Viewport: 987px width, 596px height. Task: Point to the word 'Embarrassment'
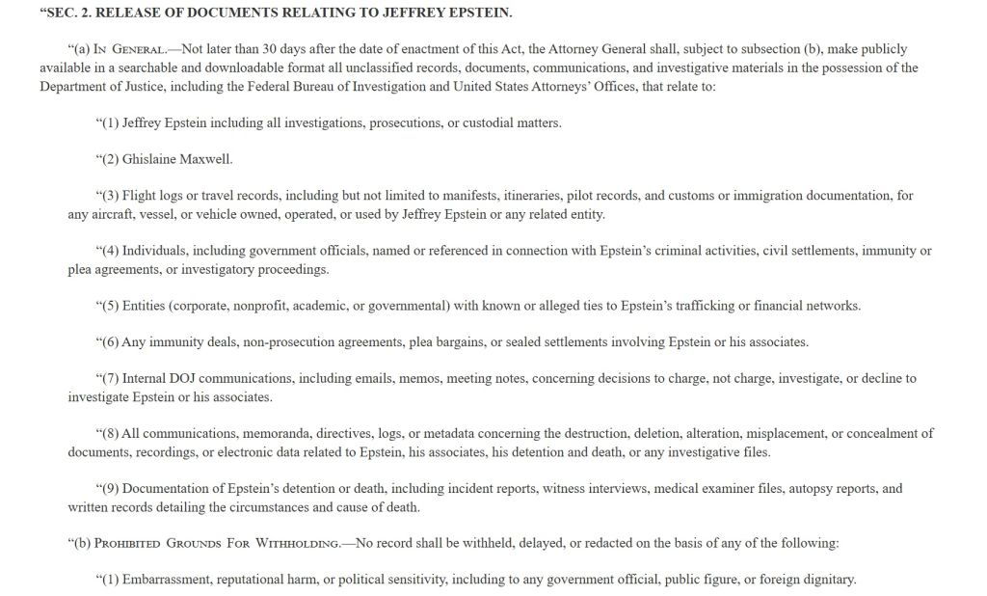(x=166, y=580)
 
